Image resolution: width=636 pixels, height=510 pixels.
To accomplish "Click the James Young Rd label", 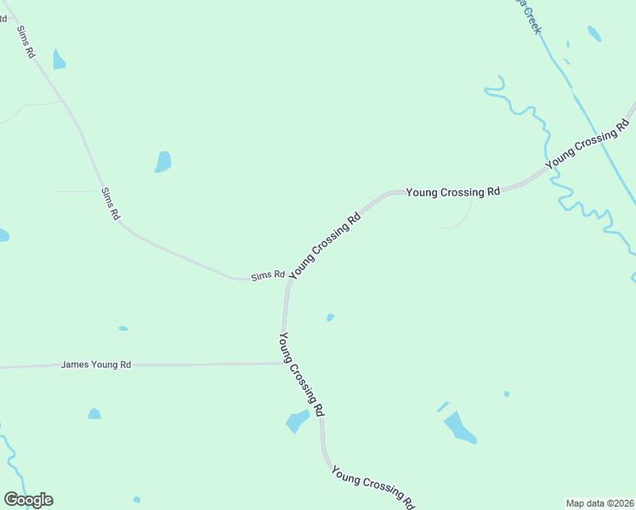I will [x=96, y=365].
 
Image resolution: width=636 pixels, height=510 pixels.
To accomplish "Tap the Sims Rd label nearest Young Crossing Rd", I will [x=267, y=276].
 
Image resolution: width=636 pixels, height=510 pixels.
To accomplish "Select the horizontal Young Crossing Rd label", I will [x=452, y=192].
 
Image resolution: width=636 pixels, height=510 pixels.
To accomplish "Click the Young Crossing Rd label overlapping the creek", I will [x=587, y=145].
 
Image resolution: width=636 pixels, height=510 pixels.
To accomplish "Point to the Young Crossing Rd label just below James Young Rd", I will [x=301, y=373].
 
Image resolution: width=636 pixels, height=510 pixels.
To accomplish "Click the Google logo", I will [x=28, y=500].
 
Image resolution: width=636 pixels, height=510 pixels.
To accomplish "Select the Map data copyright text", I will [x=599, y=503].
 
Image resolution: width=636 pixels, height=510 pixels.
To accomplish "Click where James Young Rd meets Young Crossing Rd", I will [x=283, y=363].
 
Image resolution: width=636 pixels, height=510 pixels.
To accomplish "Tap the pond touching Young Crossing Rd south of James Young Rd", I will [x=298, y=421].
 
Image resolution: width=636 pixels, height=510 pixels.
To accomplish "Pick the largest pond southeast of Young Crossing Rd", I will [x=460, y=428].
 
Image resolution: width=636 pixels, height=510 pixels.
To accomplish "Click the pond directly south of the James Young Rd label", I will [x=94, y=414].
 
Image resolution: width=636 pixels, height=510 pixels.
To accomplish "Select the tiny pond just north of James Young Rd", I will [x=123, y=328].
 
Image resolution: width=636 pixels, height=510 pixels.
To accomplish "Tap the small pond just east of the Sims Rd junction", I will [x=330, y=318].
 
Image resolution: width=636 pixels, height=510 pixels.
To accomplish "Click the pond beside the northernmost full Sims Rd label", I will [x=59, y=59].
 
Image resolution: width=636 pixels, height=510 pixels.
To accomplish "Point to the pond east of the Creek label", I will [x=593, y=34].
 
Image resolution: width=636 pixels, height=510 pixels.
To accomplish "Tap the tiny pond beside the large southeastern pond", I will [x=507, y=394].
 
